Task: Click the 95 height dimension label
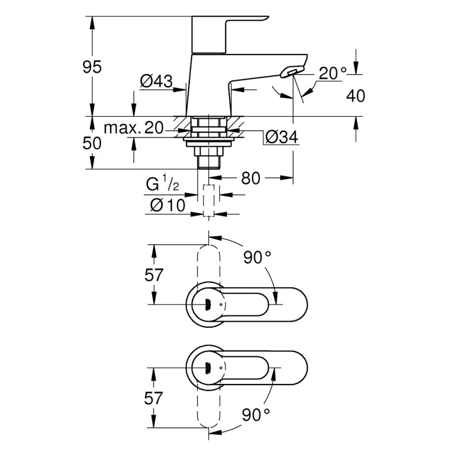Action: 92,67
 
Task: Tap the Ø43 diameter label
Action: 157,81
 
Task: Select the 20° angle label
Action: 332,74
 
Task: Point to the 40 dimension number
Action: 356,95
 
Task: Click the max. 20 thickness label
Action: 134,128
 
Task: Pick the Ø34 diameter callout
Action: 282,137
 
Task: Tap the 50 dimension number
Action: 92,143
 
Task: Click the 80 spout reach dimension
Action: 250,178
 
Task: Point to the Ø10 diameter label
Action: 168,205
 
